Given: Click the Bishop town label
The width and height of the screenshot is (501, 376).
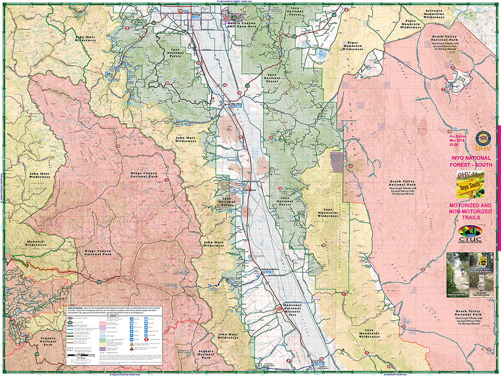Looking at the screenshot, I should (x=195, y=16).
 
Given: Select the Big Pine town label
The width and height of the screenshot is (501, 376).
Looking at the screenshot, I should (x=236, y=104).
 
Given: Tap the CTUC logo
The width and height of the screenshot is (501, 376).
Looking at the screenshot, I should (x=470, y=234).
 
